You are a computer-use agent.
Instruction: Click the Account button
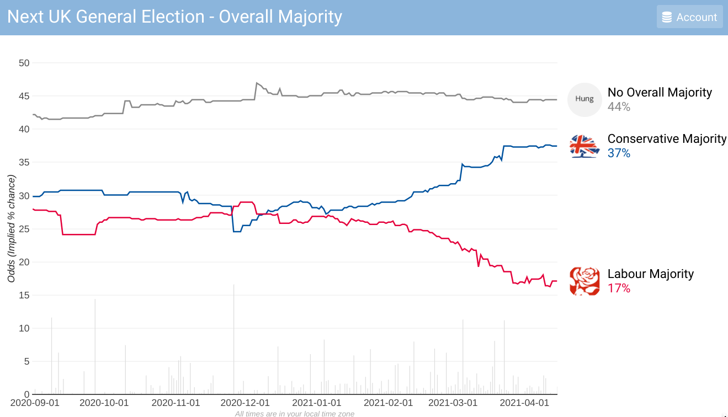(x=689, y=17)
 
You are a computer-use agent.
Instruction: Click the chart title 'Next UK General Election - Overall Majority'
(x=174, y=17)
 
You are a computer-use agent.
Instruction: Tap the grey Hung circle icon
(x=584, y=99)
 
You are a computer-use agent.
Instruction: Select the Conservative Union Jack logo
(x=584, y=146)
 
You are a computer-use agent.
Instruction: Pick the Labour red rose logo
(x=584, y=281)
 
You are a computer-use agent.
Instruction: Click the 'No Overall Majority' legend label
(x=660, y=93)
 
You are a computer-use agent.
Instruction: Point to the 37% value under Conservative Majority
(x=619, y=153)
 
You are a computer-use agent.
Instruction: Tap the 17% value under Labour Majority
(x=619, y=288)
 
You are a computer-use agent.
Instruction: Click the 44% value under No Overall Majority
(x=619, y=107)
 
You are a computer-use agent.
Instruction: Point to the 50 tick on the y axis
(x=24, y=63)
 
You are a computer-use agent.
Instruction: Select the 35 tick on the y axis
(x=24, y=162)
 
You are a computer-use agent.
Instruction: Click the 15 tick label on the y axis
(x=24, y=295)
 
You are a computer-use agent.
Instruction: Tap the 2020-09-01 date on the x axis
(x=34, y=403)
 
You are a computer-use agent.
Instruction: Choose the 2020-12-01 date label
(x=245, y=403)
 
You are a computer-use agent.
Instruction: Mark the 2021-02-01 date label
(x=388, y=403)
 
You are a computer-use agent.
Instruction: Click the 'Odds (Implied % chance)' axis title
(x=11, y=228)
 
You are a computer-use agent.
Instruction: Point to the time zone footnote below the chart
(x=294, y=413)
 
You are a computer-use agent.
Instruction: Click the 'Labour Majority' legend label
(x=650, y=274)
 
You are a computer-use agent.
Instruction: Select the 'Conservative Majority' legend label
(x=667, y=139)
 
